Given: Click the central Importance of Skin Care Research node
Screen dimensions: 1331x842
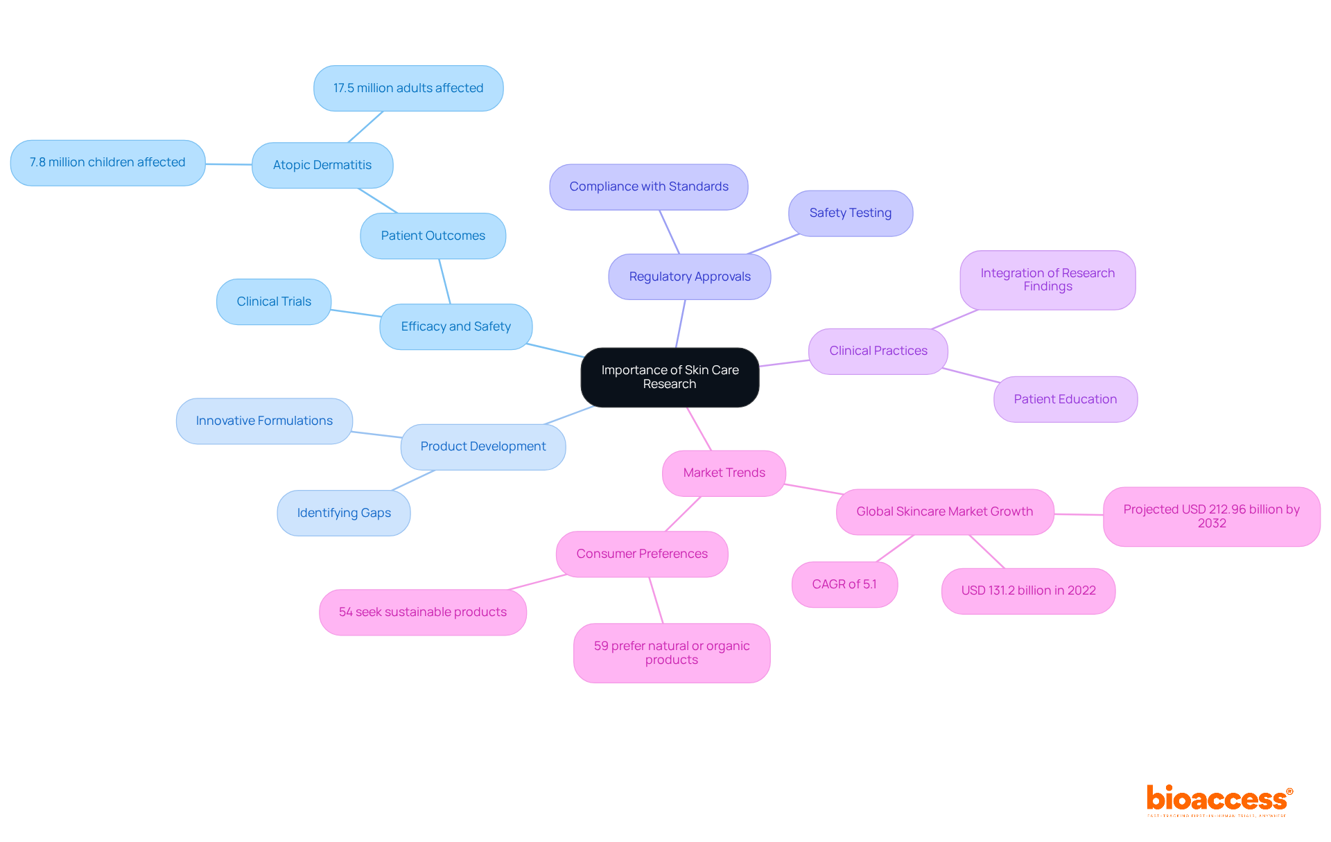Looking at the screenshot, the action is click(x=670, y=377).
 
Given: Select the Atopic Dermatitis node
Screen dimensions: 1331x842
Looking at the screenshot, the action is click(x=322, y=165).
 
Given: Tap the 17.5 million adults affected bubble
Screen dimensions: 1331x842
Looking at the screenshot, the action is click(x=408, y=88).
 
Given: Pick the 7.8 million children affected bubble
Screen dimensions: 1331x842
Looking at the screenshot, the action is click(x=107, y=162).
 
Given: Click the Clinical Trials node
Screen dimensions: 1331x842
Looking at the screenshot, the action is click(x=274, y=301).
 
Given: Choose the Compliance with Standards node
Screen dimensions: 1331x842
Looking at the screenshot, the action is click(x=649, y=186).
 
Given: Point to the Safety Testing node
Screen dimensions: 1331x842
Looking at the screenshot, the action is click(x=851, y=213).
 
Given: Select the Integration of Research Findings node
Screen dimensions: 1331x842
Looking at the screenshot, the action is click(x=1047, y=280).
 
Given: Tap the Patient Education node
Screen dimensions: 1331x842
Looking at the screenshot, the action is click(x=1065, y=399).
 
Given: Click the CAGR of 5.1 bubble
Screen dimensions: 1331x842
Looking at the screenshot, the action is click(x=844, y=584).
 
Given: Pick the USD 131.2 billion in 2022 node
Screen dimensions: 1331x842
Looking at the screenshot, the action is click(x=1028, y=590).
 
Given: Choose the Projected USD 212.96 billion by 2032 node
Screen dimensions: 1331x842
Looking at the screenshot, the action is click(x=1211, y=516).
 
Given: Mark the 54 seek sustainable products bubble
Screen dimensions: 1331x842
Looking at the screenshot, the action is click(x=423, y=612).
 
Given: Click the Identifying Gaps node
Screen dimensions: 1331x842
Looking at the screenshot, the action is click(x=344, y=513).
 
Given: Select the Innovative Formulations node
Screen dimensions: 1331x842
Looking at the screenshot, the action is click(x=264, y=421).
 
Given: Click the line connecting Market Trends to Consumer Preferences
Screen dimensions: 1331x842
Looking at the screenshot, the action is click(x=683, y=514).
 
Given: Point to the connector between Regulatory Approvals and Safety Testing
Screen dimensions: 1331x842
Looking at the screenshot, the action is click(x=774, y=244).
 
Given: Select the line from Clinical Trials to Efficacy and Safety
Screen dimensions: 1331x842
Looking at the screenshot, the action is click(x=356, y=313).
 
